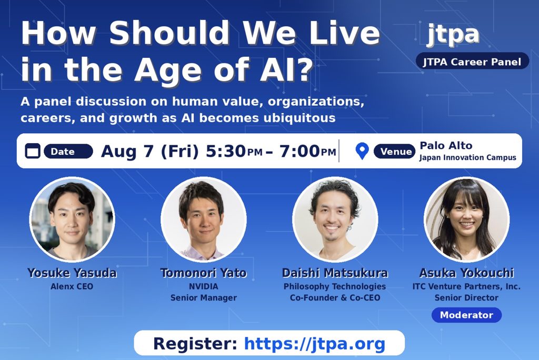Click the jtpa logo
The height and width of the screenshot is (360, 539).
coord(453,34)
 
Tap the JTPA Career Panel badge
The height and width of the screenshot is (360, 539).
coord(472,62)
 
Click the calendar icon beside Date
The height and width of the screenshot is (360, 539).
coord(33,151)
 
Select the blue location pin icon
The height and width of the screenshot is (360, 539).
coord(362,151)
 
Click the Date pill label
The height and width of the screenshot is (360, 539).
coord(68,151)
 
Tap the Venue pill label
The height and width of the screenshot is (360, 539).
coord(394,151)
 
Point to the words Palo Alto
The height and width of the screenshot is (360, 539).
coord(446,145)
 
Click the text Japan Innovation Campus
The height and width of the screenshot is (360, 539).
coord(467,157)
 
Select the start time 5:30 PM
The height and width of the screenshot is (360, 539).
coord(234,151)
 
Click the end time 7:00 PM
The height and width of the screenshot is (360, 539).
coord(307,151)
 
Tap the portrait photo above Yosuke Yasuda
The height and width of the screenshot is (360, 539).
coord(72,219)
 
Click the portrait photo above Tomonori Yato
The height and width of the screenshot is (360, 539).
coord(204,219)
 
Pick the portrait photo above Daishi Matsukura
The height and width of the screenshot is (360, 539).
coord(335,219)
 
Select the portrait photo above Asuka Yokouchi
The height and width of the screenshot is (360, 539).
coord(466,219)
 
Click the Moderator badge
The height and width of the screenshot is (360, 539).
coord(466,315)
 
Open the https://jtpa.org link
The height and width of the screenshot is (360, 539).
coord(315,344)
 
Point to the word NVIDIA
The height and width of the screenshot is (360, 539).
coord(204,286)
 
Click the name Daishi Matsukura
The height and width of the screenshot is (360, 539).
coord(335,273)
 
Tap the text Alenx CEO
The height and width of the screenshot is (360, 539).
coord(72,286)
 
